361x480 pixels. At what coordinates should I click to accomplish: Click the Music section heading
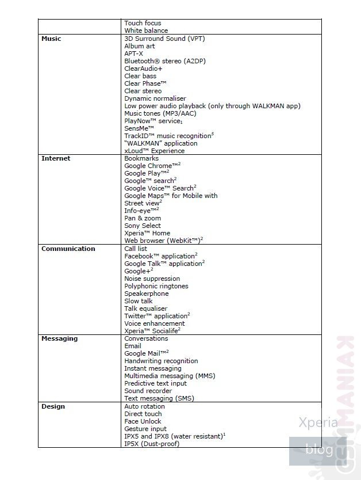(x=51, y=39)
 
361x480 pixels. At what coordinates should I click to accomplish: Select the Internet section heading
(x=56, y=158)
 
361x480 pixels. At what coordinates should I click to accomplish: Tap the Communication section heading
(x=68, y=249)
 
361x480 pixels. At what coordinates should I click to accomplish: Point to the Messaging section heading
(x=59, y=338)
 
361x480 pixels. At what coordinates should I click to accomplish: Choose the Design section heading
(x=53, y=406)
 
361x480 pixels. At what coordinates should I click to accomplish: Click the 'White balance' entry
(x=146, y=31)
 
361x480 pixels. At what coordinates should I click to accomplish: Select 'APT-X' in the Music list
(x=135, y=54)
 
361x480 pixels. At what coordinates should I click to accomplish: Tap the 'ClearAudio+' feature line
(x=143, y=68)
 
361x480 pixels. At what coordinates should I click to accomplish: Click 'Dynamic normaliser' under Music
(x=155, y=98)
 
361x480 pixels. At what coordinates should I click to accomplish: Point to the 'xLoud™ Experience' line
(x=155, y=151)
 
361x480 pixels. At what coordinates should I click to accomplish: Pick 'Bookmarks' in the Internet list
(x=141, y=158)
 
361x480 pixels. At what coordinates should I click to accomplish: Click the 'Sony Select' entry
(x=143, y=226)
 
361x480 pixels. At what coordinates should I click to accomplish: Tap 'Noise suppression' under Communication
(x=152, y=279)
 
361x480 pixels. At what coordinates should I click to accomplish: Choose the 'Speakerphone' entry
(x=147, y=294)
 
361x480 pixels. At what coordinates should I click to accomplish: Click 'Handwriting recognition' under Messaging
(x=161, y=361)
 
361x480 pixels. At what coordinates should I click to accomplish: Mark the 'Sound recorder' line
(x=148, y=391)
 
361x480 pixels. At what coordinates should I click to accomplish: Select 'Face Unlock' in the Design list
(x=144, y=421)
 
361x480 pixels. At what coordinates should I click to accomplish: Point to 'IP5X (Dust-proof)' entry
(x=152, y=444)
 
